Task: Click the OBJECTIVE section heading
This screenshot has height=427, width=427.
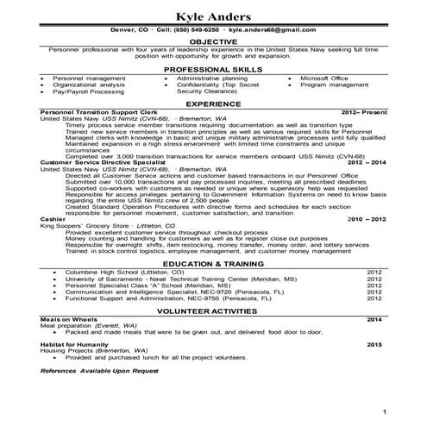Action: tap(213, 41)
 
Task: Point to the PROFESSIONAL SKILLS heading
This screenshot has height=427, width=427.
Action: tap(213, 68)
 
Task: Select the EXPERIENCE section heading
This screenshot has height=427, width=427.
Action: tap(213, 104)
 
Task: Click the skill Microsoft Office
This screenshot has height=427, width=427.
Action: tap(324, 78)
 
